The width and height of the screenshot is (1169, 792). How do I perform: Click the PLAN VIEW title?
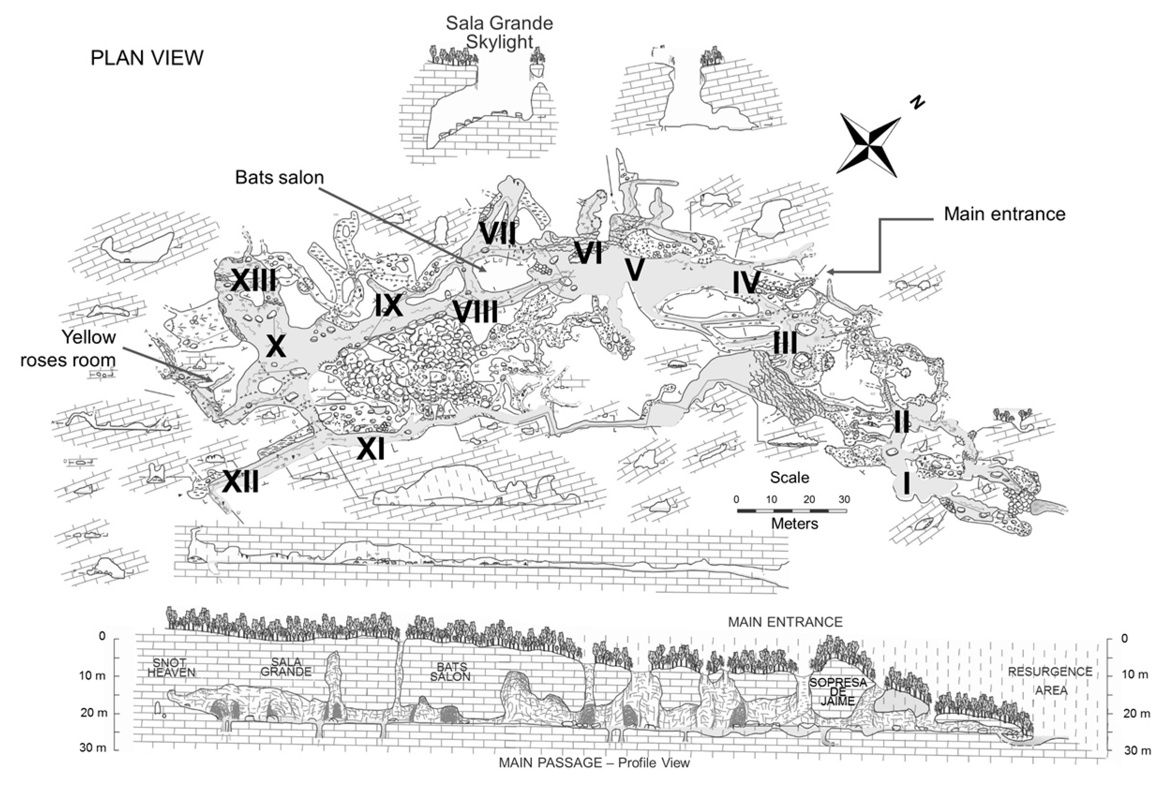click(x=147, y=58)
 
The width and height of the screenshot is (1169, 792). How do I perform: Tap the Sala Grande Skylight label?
click(x=499, y=33)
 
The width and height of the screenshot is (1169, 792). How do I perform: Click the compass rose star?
click(x=868, y=145)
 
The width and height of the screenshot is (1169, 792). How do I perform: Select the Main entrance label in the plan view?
click(x=1004, y=214)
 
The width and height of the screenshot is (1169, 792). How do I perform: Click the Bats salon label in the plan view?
click(x=279, y=177)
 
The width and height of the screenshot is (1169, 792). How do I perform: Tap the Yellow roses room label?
click(x=68, y=348)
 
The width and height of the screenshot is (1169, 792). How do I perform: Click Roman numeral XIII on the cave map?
click(x=253, y=281)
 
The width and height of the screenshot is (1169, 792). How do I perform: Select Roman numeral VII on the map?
click(x=497, y=234)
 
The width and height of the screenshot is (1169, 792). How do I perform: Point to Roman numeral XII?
click(x=240, y=482)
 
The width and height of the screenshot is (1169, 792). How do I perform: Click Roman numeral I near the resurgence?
click(x=906, y=484)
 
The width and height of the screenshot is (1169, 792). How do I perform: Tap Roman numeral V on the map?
click(x=634, y=270)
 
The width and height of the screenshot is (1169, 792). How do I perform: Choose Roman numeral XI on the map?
click(x=371, y=449)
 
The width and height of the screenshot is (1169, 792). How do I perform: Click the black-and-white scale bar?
click(x=791, y=511)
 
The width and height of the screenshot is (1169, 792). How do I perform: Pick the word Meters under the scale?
click(x=794, y=524)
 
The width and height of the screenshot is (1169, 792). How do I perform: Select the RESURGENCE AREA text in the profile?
click(x=1050, y=681)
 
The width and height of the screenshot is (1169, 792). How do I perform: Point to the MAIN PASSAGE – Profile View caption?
click(x=594, y=763)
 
